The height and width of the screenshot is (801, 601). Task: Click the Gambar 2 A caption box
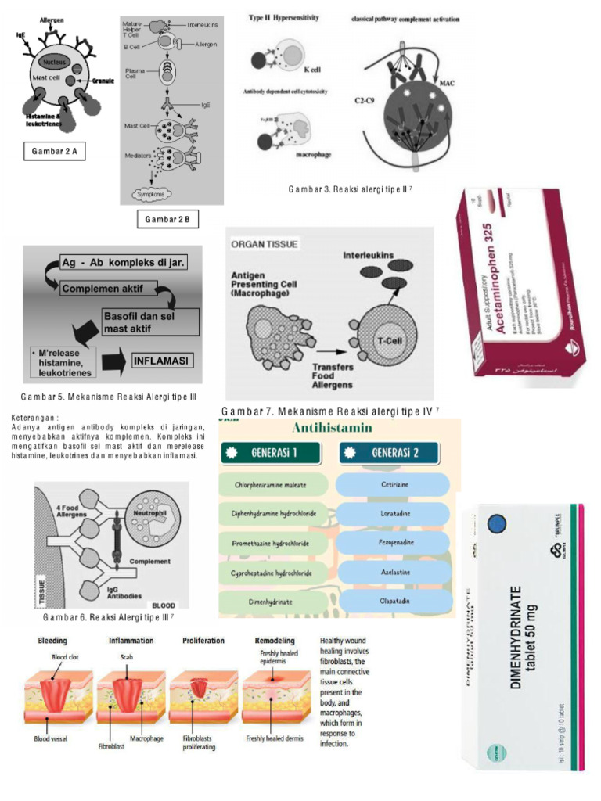[x=54, y=151]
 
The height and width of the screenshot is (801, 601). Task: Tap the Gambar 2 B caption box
[x=167, y=220]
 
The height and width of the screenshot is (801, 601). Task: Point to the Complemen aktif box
[x=108, y=289]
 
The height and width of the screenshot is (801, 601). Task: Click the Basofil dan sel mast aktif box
[x=149, y=321]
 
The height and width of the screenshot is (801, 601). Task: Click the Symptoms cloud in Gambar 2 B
[x=153, y=193]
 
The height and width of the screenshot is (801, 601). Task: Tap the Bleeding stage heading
[x=53, y=640]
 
